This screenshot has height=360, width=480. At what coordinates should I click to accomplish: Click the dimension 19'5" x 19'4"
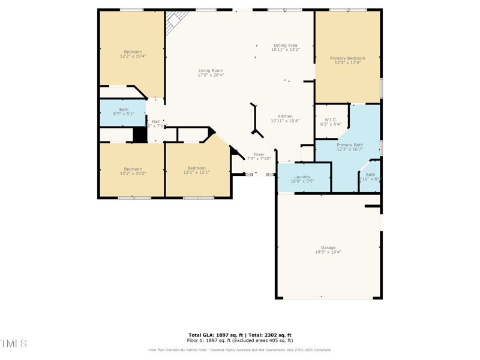(328, 252)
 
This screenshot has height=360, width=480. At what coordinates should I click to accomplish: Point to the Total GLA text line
(240, 335)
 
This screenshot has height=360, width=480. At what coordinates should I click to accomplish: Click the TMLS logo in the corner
(14, 343)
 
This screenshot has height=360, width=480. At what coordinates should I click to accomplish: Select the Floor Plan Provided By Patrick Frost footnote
(240, 350)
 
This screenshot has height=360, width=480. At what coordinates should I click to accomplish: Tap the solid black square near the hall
(140, 134)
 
